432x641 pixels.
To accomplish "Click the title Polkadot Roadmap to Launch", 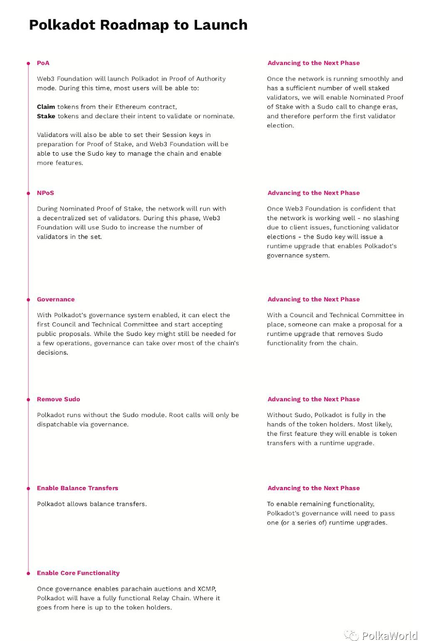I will [138, 25].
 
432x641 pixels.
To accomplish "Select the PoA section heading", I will [43, 63].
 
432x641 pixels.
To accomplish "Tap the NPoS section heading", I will [45, 193].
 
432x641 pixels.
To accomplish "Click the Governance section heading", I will [56, 299].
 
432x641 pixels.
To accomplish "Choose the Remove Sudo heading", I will [58, 399].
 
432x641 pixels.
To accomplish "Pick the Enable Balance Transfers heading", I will [77, 488].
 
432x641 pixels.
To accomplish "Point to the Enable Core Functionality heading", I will [78, 573].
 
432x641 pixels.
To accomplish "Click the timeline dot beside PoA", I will [28, 63].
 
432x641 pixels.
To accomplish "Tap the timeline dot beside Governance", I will [28, 300].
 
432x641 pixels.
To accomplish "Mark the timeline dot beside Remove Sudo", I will [28, 400].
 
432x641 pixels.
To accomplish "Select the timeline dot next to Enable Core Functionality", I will [28, 573].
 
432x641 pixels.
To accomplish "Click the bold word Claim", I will [46, 107].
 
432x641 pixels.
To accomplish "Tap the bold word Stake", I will [46, 116].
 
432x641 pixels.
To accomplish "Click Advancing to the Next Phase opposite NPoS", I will [314, 193].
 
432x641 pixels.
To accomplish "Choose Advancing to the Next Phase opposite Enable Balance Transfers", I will [314, 488].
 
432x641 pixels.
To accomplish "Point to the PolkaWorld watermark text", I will [389, 635].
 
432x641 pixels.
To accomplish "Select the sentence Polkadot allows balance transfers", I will [91, 504].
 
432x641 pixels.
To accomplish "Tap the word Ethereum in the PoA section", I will [130, 107].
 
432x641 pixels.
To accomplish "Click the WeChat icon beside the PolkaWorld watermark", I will [352, 635].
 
